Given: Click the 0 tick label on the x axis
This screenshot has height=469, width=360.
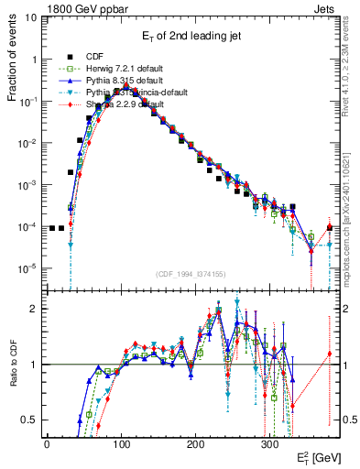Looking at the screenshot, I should [47, 443].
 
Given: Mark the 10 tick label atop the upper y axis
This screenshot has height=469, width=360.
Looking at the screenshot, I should [30, 18].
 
